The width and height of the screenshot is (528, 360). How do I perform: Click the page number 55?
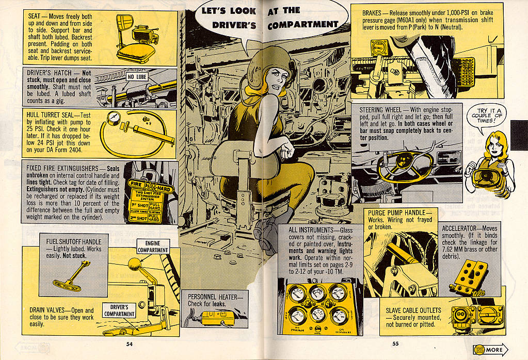395,344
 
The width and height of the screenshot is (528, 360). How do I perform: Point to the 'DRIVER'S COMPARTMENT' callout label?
119,310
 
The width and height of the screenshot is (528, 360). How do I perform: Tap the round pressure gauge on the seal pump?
112,122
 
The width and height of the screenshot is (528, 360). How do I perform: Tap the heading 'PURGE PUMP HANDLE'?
396,213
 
